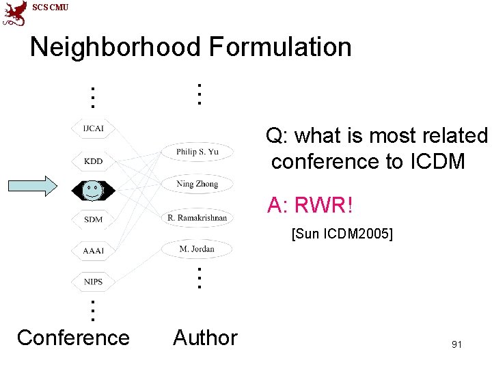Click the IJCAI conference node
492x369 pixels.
click(x=93, y=128)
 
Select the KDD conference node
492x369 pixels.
click(x=93, y=161)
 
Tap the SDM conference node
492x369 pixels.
click(x=93, y=219)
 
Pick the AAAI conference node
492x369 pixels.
click(x=93, y=251)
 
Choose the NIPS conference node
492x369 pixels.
click(x=93, y=282)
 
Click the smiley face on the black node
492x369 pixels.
click(x=92, y=189)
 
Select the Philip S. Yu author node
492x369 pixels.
click(x=197, y=152)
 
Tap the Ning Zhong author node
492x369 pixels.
click(x=197, y=184)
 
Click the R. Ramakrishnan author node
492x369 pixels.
click(x=197, y=218)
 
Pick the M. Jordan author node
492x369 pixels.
click(x=197, y=249)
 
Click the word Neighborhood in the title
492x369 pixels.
click(x=115, y=47)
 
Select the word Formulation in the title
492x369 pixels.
click(x=280, y=47)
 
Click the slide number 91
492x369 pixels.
click(x=457, y=344)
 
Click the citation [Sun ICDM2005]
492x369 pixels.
click(x=342, y=234)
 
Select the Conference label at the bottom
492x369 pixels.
click(x=73, y=338)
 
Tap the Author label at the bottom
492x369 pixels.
click(x=205, y=338)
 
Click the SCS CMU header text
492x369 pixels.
click(x=51, y=8)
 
